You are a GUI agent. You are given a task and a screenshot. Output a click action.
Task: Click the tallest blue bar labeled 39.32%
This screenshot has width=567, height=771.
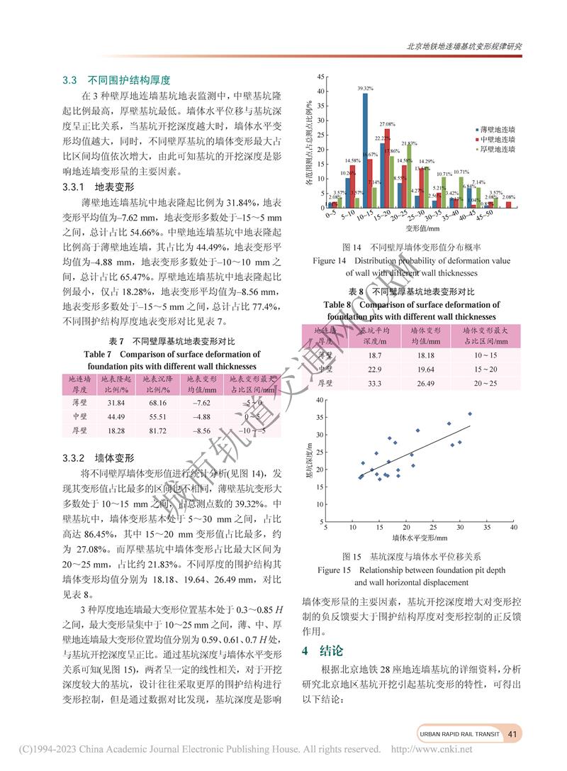pos(365,149)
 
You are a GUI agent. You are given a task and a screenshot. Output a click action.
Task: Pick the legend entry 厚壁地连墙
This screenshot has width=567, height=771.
pos(492,149)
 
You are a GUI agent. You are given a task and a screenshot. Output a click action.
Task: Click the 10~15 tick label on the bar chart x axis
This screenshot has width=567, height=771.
pos(364,216)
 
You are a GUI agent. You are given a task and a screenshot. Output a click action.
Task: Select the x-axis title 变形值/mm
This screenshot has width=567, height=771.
pos(422,229)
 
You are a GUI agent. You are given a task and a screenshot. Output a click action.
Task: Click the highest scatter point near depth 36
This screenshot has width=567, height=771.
pos(469,414)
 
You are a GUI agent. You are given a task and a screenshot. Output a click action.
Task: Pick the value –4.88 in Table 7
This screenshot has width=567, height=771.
pos(201,416)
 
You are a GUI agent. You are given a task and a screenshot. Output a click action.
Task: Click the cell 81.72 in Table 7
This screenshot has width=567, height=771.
pos(157,430)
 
